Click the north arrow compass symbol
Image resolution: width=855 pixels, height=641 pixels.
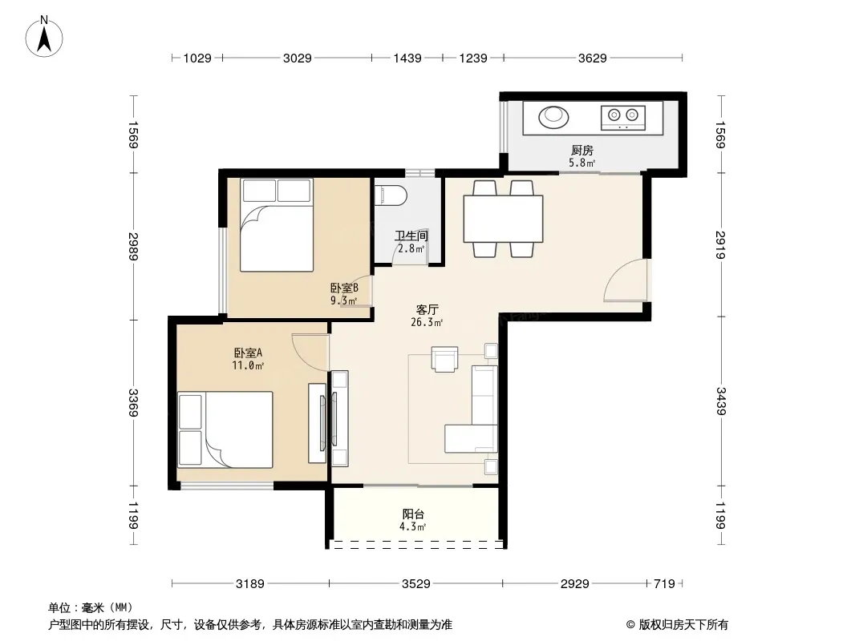[44, 37]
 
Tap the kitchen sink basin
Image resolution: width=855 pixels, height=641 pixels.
[553, 116]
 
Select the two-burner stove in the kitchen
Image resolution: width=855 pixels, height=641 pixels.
[623, 118]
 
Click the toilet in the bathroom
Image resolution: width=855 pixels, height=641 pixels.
[391, 196]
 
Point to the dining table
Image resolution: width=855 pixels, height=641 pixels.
[503, 219]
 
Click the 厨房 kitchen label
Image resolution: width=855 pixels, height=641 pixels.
[581, 150]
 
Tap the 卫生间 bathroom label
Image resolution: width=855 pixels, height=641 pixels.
[411, 236]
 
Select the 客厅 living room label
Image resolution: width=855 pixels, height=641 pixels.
[427, 309]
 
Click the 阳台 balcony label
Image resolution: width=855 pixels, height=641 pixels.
[413, 514]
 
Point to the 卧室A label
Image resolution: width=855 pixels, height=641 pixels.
[248, 353]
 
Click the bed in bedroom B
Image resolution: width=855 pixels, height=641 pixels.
[277, 225]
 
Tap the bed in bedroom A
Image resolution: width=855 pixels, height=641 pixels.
[225, 429]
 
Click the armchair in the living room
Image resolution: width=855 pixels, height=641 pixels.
[445, 359]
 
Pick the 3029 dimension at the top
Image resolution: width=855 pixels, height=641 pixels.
[298, 58]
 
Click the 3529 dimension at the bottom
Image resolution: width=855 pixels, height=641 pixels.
[416, 584]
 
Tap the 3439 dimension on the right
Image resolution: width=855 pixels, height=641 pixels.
[721, 401]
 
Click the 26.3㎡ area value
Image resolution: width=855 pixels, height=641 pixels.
[427, 322]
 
